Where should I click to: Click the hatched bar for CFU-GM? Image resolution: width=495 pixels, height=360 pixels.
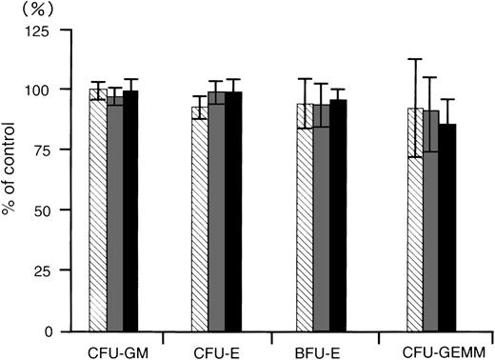(x=97, y=214)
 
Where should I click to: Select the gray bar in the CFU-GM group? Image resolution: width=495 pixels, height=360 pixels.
(x=114, y=214)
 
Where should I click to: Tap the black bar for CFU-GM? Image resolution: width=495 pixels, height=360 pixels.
(x=130, y=214)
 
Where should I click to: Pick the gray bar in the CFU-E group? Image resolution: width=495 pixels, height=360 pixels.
(x=216, y=214)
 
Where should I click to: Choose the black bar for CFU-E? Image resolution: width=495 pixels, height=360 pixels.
(x=233, y=214)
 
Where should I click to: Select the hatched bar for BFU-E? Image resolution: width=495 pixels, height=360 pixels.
(x=305, y=219)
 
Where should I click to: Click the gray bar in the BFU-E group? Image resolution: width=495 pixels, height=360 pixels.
(x=321, y=219)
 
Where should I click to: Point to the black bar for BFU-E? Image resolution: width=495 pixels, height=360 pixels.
(x=337, y=217)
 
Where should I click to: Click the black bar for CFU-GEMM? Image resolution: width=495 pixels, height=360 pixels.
(x=447, y=229)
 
